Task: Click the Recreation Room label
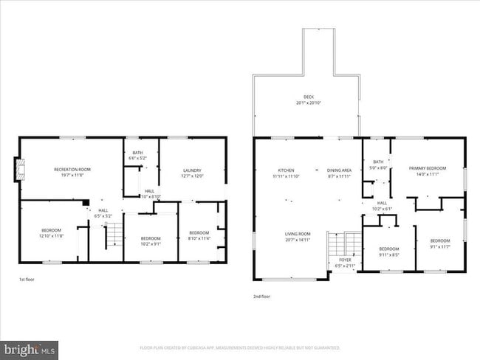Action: click(72, 170)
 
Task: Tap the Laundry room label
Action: click(192, 170)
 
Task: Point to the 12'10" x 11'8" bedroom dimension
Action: click(51, 236)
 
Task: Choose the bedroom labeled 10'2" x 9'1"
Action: click(151, 241)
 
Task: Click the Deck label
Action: click(308, 100)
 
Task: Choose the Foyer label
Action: click(345, 260)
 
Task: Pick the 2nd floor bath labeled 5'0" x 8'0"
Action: click(378, 164)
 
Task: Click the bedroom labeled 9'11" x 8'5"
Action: click(389, 252)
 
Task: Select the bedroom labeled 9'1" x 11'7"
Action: click(440, 243)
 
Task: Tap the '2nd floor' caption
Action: click(262, 297)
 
